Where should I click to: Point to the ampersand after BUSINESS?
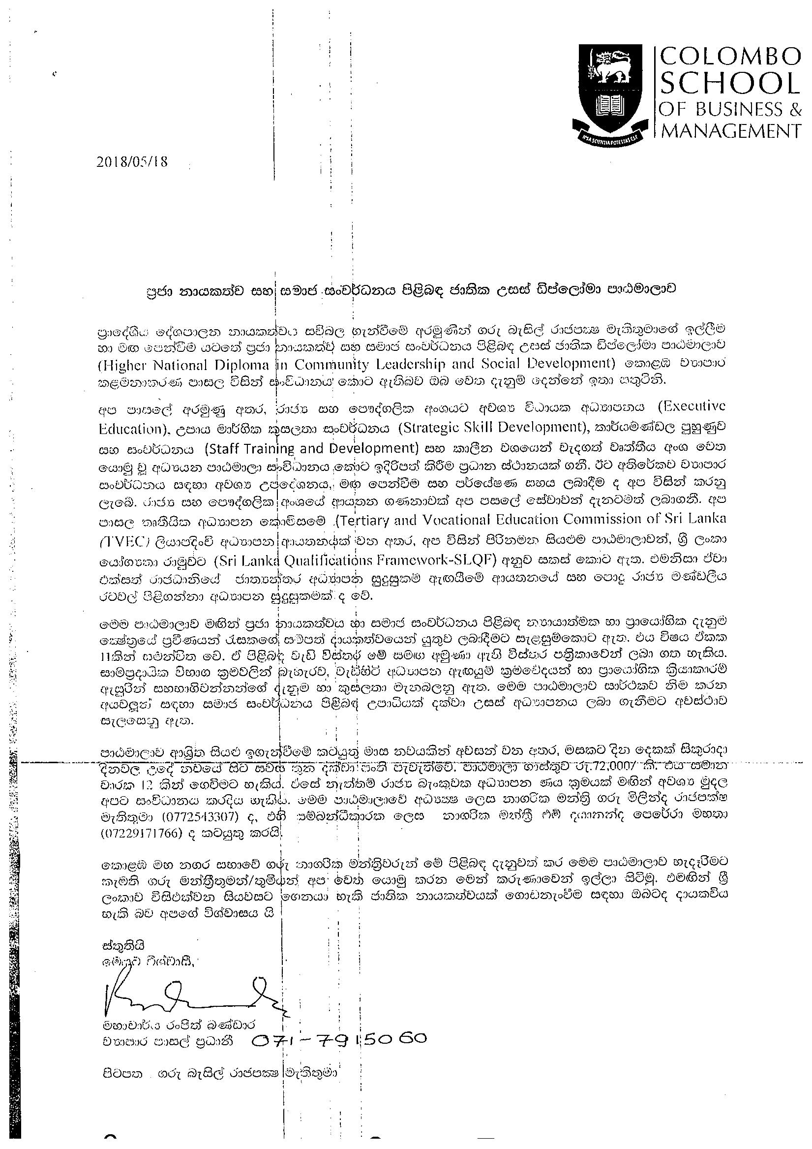pos(793,109)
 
